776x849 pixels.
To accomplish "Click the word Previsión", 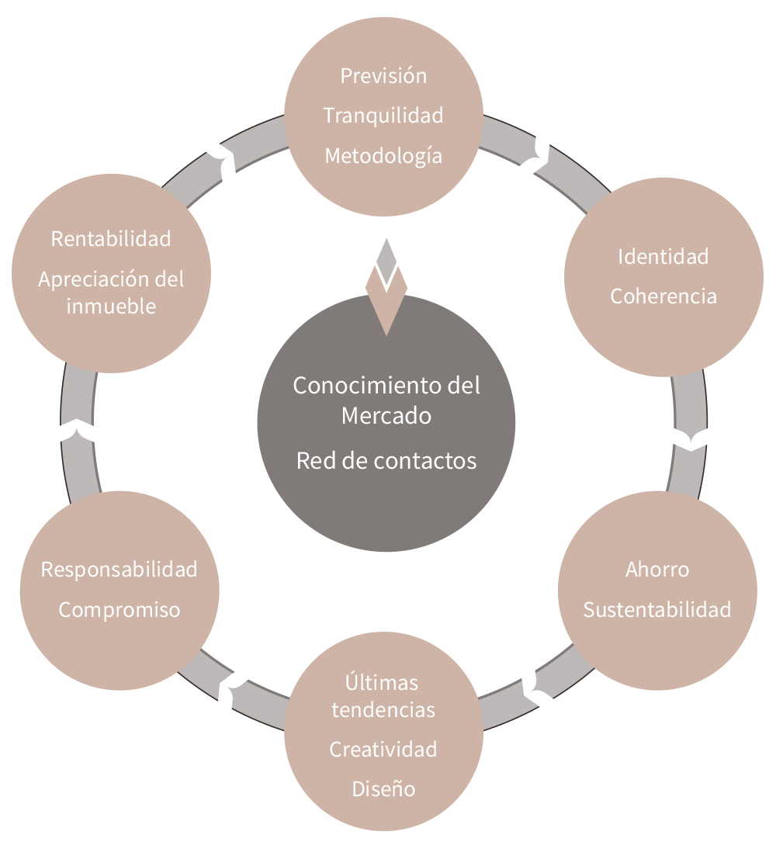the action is click(383, 76).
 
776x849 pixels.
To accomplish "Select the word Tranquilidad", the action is click(383, 116).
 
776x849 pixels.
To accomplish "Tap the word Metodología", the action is click(383, 156).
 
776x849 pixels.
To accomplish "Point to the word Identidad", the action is click(663, 256).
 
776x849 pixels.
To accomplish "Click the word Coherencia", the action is click(663, 296).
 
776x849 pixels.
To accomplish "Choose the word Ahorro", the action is click(656, 570).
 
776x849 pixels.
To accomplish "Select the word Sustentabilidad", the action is click(656, 610).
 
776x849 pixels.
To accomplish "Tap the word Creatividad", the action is click(383, 750).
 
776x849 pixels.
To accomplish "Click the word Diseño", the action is click(383, 789).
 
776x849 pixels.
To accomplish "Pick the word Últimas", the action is click(382, 682).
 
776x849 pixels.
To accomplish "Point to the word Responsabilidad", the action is click(120, 570).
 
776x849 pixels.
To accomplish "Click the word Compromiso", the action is click(120, 610).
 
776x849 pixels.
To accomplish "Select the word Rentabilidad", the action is click(111, 239).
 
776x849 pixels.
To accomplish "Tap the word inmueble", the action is click(111, 307).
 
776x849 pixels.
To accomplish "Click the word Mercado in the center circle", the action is click(386, 416).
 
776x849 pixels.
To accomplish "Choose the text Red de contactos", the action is click(386, 461).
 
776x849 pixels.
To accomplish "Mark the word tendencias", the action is click(383, 710).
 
